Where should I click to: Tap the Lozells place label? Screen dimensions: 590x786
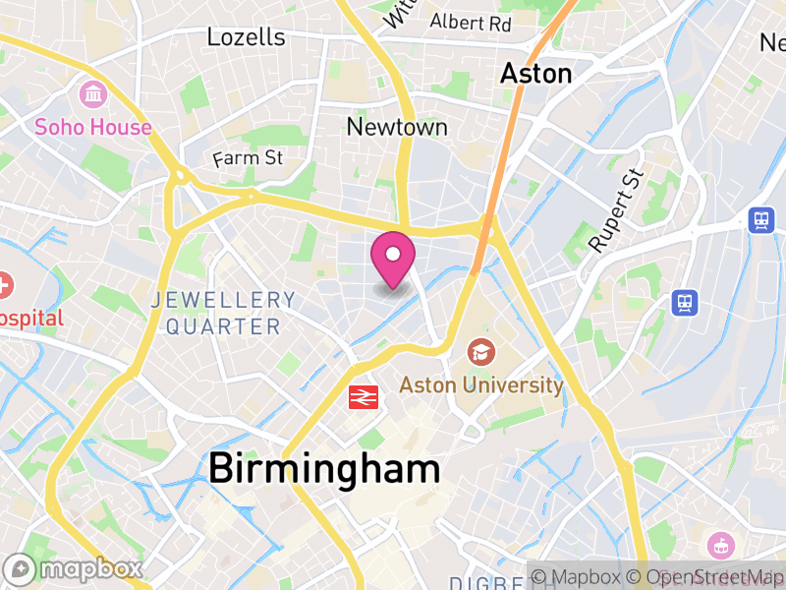(x=246, y=37)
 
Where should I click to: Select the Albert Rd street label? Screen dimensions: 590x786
(x=471, y=22)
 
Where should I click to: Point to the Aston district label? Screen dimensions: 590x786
(x=535, y=73)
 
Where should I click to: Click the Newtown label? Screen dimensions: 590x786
(x=397, y=127)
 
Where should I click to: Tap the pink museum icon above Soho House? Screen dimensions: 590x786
(x=93, y=95)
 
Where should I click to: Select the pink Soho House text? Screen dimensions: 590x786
(x=93, y=127)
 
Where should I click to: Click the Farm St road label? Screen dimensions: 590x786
(x=248, y=157)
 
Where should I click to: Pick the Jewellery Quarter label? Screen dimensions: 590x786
(x=223, y=313)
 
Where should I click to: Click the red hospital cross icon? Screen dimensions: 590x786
(x=5, y=286)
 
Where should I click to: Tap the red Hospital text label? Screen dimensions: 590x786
(x=29, y=318)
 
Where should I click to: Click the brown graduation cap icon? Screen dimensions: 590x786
(x=480, y=351)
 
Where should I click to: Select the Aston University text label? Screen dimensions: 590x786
(x=481, y=384)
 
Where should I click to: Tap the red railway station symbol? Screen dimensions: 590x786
(x=364, y=396)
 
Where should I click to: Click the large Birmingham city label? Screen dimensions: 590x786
(x=324, y=467)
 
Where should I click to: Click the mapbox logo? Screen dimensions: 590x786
(x=75, y=568)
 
